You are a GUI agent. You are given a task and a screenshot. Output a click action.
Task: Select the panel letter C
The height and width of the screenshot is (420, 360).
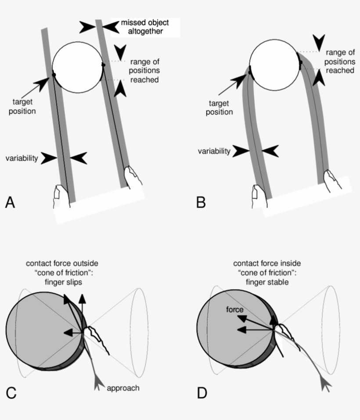pos(11,392)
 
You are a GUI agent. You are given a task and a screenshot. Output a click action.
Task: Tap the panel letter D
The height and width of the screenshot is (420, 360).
pos(202,392)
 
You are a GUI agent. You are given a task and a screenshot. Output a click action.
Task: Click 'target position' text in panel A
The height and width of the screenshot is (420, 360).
pos(22,107)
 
